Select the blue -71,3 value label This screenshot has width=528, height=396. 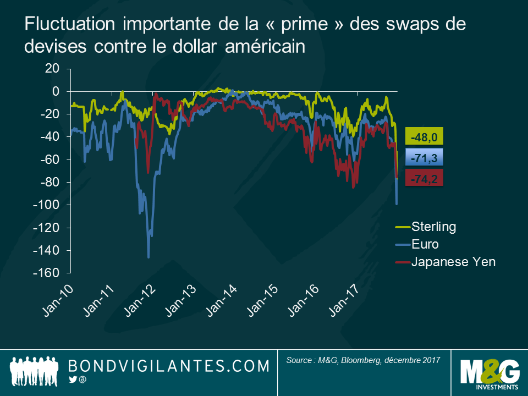click(x=424, y=158)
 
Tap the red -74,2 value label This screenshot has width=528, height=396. click(x=424, y=179)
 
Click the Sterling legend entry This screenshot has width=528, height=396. click(x=433, y=227)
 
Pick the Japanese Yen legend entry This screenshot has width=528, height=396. click(x=446, y=262)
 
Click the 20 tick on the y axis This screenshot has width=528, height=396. click(x=52, y=68)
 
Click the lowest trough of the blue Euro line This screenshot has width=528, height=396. click(x=148, y=257)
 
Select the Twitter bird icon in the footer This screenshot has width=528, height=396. click(x=72, y=380)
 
